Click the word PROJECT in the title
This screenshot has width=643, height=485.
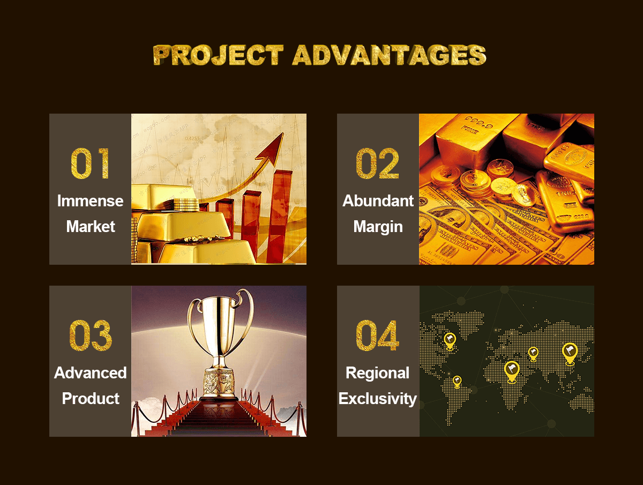[219, 55]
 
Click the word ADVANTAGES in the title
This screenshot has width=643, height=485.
[390, 55]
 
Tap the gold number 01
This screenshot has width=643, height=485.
[90, 163]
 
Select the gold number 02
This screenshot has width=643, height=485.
[378, 163]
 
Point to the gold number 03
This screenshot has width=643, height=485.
[91, 335]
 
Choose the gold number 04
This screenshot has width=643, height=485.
[378, 335]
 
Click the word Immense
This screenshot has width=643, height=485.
[90, 201]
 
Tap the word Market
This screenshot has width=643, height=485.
[91, 226]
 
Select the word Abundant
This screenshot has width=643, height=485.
[378, 201]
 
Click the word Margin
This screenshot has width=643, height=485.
[378, 227]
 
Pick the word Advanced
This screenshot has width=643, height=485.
[90, 373]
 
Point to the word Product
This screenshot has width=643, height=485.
[91, 399]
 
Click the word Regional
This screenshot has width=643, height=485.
[378, 374]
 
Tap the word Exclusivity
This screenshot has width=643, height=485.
[378, 399]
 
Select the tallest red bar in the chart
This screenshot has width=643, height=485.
[280, 216]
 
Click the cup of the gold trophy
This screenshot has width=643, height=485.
[220, 322]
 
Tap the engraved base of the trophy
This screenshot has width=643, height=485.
[219, 382]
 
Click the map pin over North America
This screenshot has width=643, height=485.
[450, 341]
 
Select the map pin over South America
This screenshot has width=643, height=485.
[457, 382]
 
